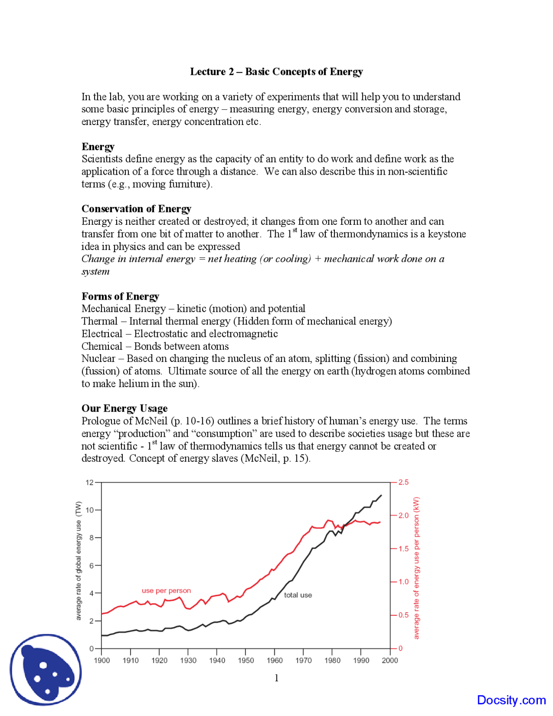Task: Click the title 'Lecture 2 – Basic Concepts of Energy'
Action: (x=276, y=72)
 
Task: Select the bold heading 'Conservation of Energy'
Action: (x=136, y=209)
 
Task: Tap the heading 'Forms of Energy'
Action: (x=120, y=296)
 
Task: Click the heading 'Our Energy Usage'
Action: (x=124, y=408)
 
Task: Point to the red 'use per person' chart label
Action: (x=166, y=591)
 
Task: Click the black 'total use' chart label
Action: (x=298, y=595)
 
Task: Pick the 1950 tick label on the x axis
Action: (x=245, y=660)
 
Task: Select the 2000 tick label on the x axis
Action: (x=390, y=660)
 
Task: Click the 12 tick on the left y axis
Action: (x=89, y=483)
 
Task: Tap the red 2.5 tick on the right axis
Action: (x=403, y=483)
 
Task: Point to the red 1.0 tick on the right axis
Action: (x=403, y=582)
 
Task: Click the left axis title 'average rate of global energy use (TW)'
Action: (x=79, y=561)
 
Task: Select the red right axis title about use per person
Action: (x=416, y=568)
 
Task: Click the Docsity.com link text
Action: (x=511, y=700)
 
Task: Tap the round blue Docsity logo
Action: (x=45, y=670)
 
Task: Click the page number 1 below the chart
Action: (x=276, y=678)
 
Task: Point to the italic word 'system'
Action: (x=95, y=272)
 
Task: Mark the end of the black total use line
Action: (x=381, y=495)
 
